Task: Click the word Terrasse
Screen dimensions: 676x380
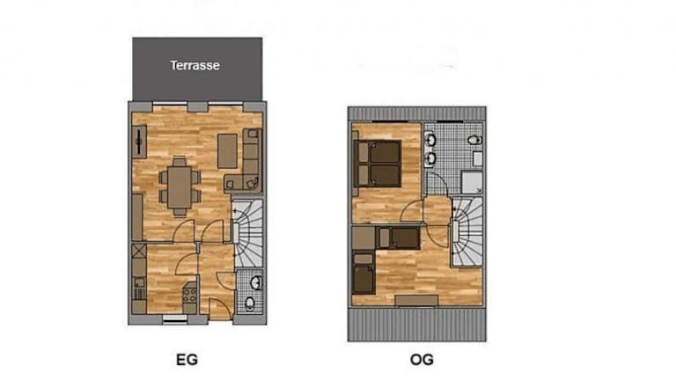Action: click(195, 65)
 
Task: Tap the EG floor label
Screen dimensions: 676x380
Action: click(187, 360)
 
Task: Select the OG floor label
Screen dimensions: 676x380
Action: click(422, 360)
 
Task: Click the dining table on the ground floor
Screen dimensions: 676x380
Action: click(180, 187)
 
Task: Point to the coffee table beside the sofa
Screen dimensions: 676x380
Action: click(227, 150)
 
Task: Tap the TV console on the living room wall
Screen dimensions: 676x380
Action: click(139, 142)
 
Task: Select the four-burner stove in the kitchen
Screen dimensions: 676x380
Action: click(190, 295)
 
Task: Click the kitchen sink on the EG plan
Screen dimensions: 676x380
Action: click(139, 282)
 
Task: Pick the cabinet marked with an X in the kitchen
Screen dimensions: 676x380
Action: click(139, 251)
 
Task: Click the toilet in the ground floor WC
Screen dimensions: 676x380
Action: click(250, 303)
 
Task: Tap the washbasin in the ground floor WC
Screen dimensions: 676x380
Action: click(256, 282)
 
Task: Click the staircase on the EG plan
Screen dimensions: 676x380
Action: click(248, 232)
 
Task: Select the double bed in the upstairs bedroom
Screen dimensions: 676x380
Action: click(378, 164)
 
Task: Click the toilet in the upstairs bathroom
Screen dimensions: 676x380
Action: click(474, 140)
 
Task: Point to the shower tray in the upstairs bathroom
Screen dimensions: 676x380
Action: click(472, 182)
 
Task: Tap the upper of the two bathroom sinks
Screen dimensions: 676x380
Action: click(430, 140)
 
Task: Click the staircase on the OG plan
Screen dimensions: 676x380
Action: click(467, 232)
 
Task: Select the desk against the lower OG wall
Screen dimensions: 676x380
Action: click(416, 300)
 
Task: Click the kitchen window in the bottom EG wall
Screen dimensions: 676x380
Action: click(175, 318)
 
